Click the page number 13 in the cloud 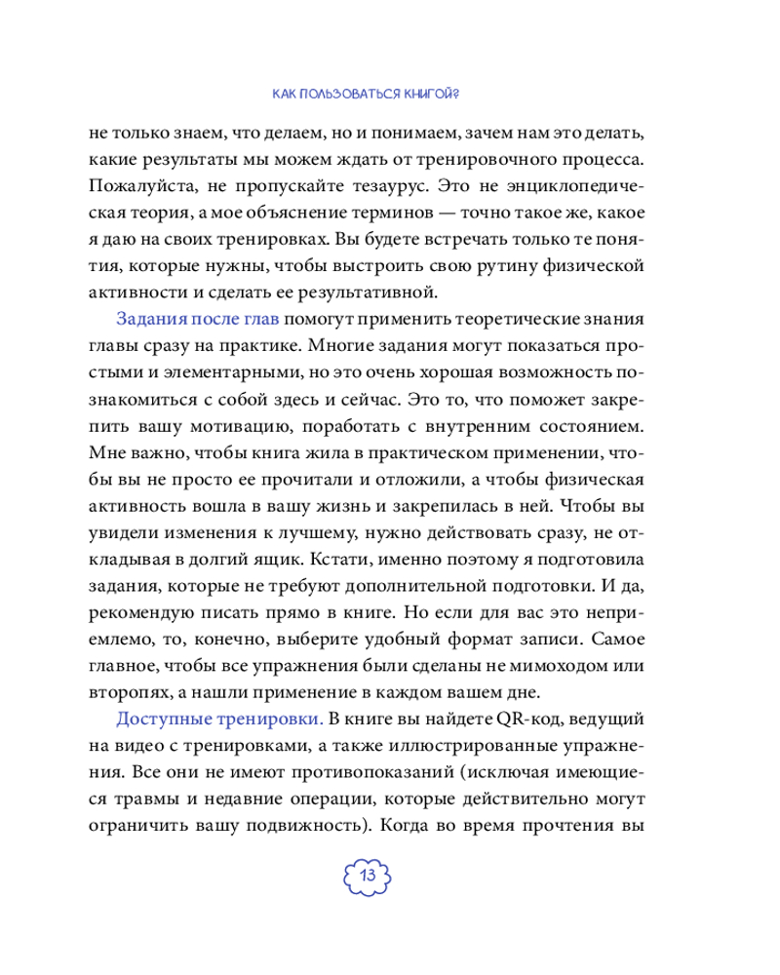coord(368,873)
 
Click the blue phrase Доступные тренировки coord(192,721)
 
